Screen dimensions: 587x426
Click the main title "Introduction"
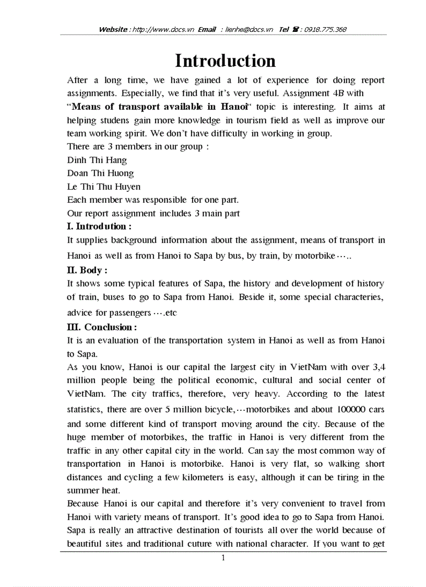pyautogui.click(x=225, y=61)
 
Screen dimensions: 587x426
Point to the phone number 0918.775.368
pyautogui.click(x=324, y=30)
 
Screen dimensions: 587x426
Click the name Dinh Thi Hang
pyautogui.click(x=97, y=160)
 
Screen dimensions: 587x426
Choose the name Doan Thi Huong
pyautogui.click(x=100, y=173)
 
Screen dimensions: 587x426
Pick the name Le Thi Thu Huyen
pyautogui.click(x=104, y=187)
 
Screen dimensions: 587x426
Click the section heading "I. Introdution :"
pyautogui.click(x=99, y=226)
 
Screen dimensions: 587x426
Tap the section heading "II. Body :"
pyautogui.click(x=87, y=270)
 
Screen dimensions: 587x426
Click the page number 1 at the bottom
pyautogui.click(x=223, y=558)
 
